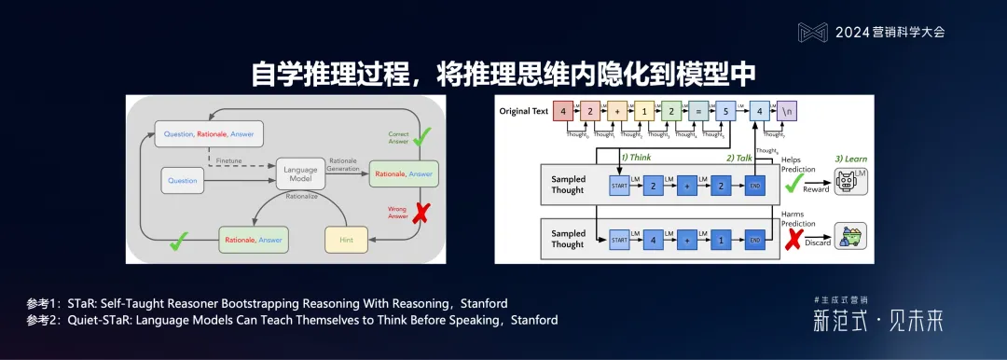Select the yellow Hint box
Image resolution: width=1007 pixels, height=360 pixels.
tap(347, 240)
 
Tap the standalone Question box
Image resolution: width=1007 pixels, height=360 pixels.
tap(182, 179)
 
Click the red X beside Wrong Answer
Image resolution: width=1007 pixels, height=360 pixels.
tap(421, 213)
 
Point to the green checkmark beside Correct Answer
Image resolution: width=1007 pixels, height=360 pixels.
tap(422, 137)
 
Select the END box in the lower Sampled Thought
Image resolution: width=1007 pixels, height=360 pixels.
tap(753, 239)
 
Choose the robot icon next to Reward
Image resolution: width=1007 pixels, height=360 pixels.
tap(850, 182)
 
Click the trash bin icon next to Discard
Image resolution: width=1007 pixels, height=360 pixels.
tap(850, 238)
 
